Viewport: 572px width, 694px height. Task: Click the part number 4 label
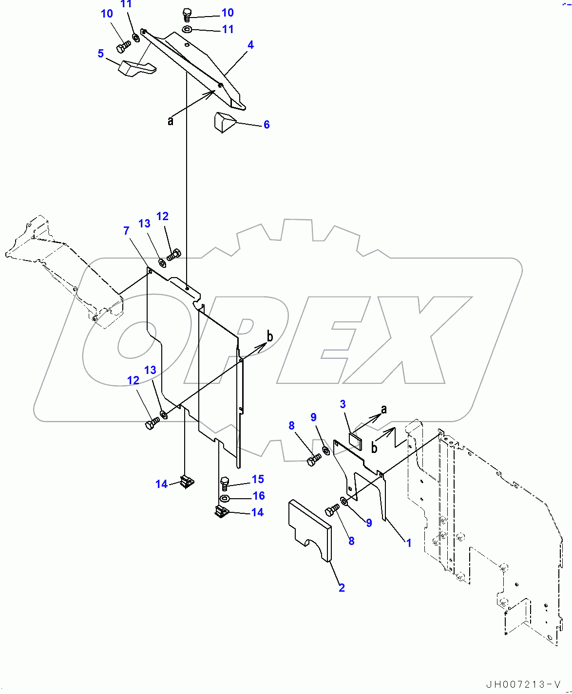point(250,45)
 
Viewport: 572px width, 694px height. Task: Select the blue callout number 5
point(101,53)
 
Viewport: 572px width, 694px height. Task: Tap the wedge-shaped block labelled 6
point(224,122)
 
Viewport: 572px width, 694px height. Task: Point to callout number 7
point(127,230)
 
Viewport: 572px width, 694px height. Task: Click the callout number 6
point(267,125)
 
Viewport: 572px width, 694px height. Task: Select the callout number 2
point(342,588)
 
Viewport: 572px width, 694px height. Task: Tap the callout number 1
point(409,543)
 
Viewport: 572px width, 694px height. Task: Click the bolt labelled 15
point(224,483)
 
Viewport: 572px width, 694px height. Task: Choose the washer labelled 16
point(225,498)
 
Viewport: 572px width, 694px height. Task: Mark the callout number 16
point(259,496)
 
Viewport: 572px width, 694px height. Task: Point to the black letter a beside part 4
point(171,120)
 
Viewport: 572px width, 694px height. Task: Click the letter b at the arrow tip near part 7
point(269,336)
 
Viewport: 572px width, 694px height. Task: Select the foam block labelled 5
point(136,68)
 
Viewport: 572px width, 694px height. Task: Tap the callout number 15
point(258,479)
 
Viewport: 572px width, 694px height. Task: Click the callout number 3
point(343,404)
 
